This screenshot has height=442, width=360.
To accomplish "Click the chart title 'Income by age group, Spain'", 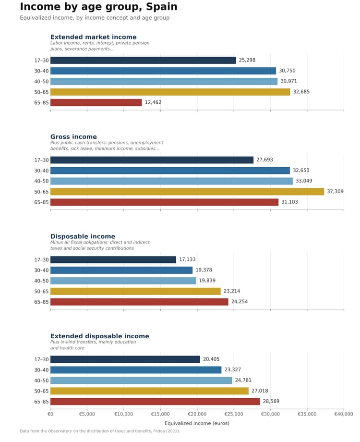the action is (x=98, y=6).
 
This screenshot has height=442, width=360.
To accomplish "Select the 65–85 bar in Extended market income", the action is (x=96, y=103).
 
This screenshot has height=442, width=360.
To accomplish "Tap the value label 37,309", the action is (x=335, y=191).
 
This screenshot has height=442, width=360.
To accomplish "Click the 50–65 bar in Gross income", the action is (x=187, y=192).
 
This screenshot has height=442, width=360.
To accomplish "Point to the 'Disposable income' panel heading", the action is (x=83, y=236).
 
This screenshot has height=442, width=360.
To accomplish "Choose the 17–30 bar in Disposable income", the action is (x=113, y=259).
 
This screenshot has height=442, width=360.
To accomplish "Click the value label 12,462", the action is (x=153, y=102).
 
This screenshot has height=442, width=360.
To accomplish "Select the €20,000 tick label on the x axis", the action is (x=197, y=414).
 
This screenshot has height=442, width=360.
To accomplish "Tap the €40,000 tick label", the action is (x=344, y=414).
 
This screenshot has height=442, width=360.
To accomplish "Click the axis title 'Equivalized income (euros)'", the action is (x=197, y=423).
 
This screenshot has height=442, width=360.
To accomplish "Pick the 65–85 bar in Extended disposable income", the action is (x=155, y=402).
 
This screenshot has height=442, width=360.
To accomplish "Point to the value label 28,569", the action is (x=271, y=401).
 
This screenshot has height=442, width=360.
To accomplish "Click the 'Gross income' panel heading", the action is (x=73, y=137).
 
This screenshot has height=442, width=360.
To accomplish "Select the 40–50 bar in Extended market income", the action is (x=164, y=82).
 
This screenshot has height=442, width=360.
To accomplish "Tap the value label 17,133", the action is (x=187, y=259).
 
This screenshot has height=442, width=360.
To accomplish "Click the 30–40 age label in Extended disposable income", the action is (x=41, y=370).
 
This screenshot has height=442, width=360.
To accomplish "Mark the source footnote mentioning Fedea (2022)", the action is (x=100, y=431).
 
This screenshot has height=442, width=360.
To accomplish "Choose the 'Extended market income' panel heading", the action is (x=94, y=37).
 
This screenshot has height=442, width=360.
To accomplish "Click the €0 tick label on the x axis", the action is (x=50, y=414).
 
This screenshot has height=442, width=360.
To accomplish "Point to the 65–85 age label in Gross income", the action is (x=41, y=202).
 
